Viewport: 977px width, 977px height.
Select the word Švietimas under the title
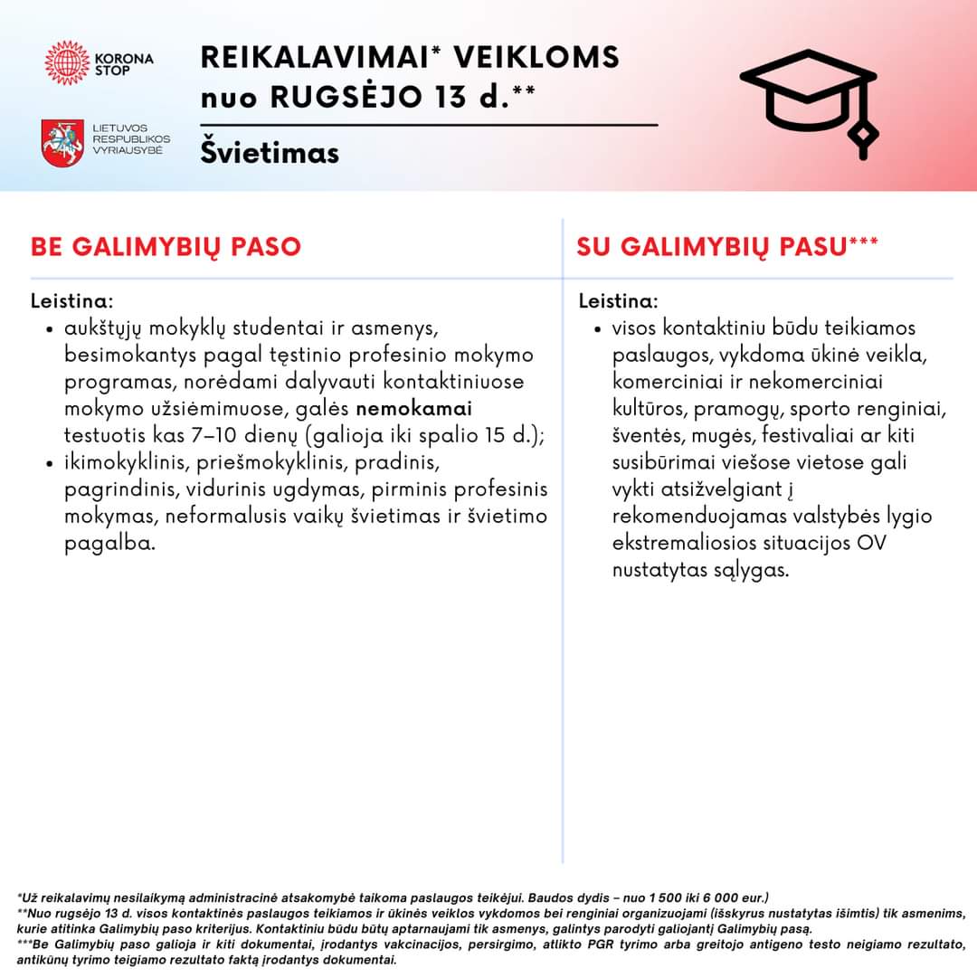[x=270, y=152]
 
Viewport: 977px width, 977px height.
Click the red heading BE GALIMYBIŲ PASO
[x=166, y=247]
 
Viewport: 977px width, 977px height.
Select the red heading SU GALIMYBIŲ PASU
[x=714, y=247]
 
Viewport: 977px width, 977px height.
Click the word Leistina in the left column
[x=71, y=299]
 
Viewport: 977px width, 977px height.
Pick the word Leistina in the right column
[x=617, y=299]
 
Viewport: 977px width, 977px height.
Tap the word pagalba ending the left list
[x=109, y=545]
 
